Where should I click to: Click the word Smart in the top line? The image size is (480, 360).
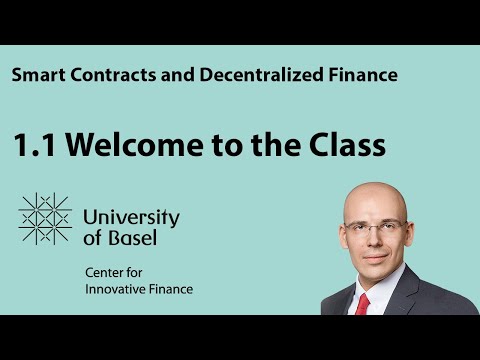pos(36,75)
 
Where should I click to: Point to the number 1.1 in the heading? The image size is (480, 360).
pos(34,145)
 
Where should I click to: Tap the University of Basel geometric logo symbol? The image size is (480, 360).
pos(45,218)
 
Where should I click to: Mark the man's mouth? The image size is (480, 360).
pos(374,257)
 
